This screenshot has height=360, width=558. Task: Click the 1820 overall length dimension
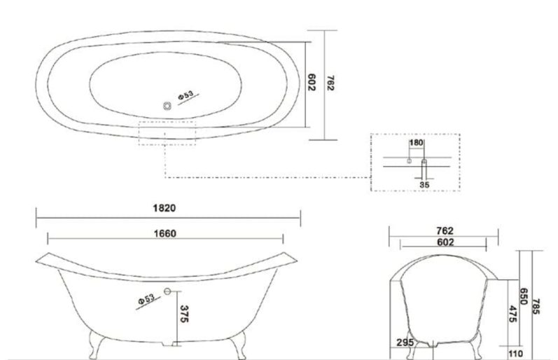(164, 208)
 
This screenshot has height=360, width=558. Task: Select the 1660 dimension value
(165, 234)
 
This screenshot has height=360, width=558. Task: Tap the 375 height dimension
(183, 314)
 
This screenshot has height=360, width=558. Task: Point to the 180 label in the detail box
(416, 143)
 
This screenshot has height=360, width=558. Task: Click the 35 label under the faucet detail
(424, 185)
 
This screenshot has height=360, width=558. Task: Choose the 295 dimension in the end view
(405, 342)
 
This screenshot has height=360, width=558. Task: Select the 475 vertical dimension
(512, 314)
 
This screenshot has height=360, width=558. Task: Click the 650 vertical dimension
(523, 296)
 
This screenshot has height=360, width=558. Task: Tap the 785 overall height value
(536, 306)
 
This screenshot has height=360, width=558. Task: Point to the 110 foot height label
(516, 354)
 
